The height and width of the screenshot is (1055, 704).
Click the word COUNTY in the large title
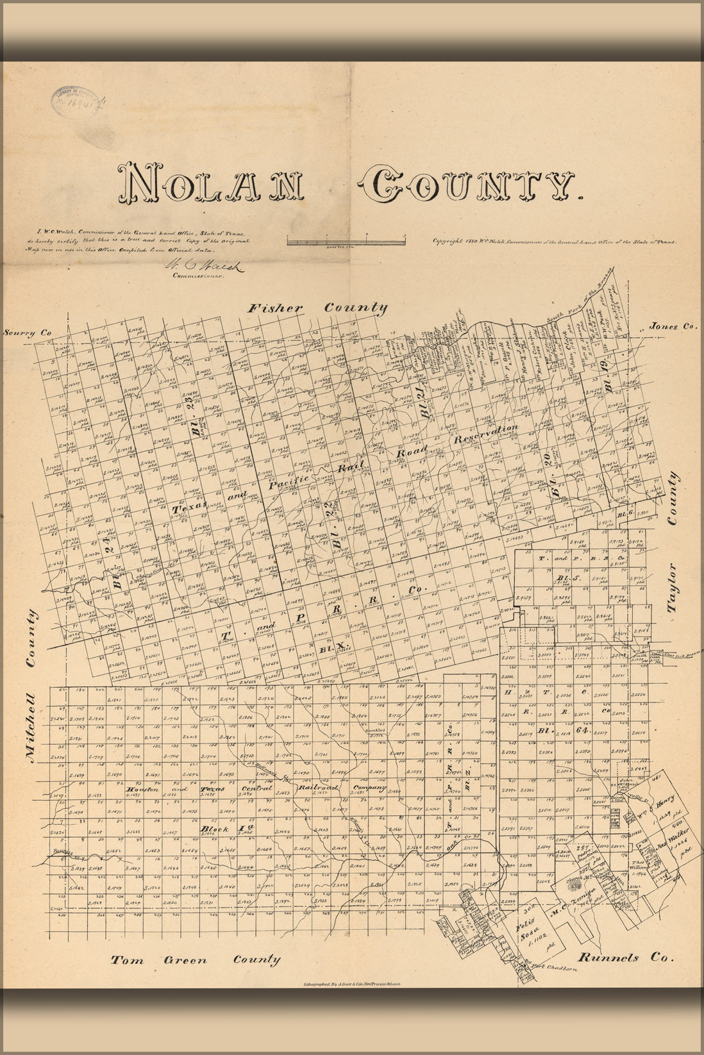(469, 184)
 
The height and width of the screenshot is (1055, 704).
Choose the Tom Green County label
(196, 960)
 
